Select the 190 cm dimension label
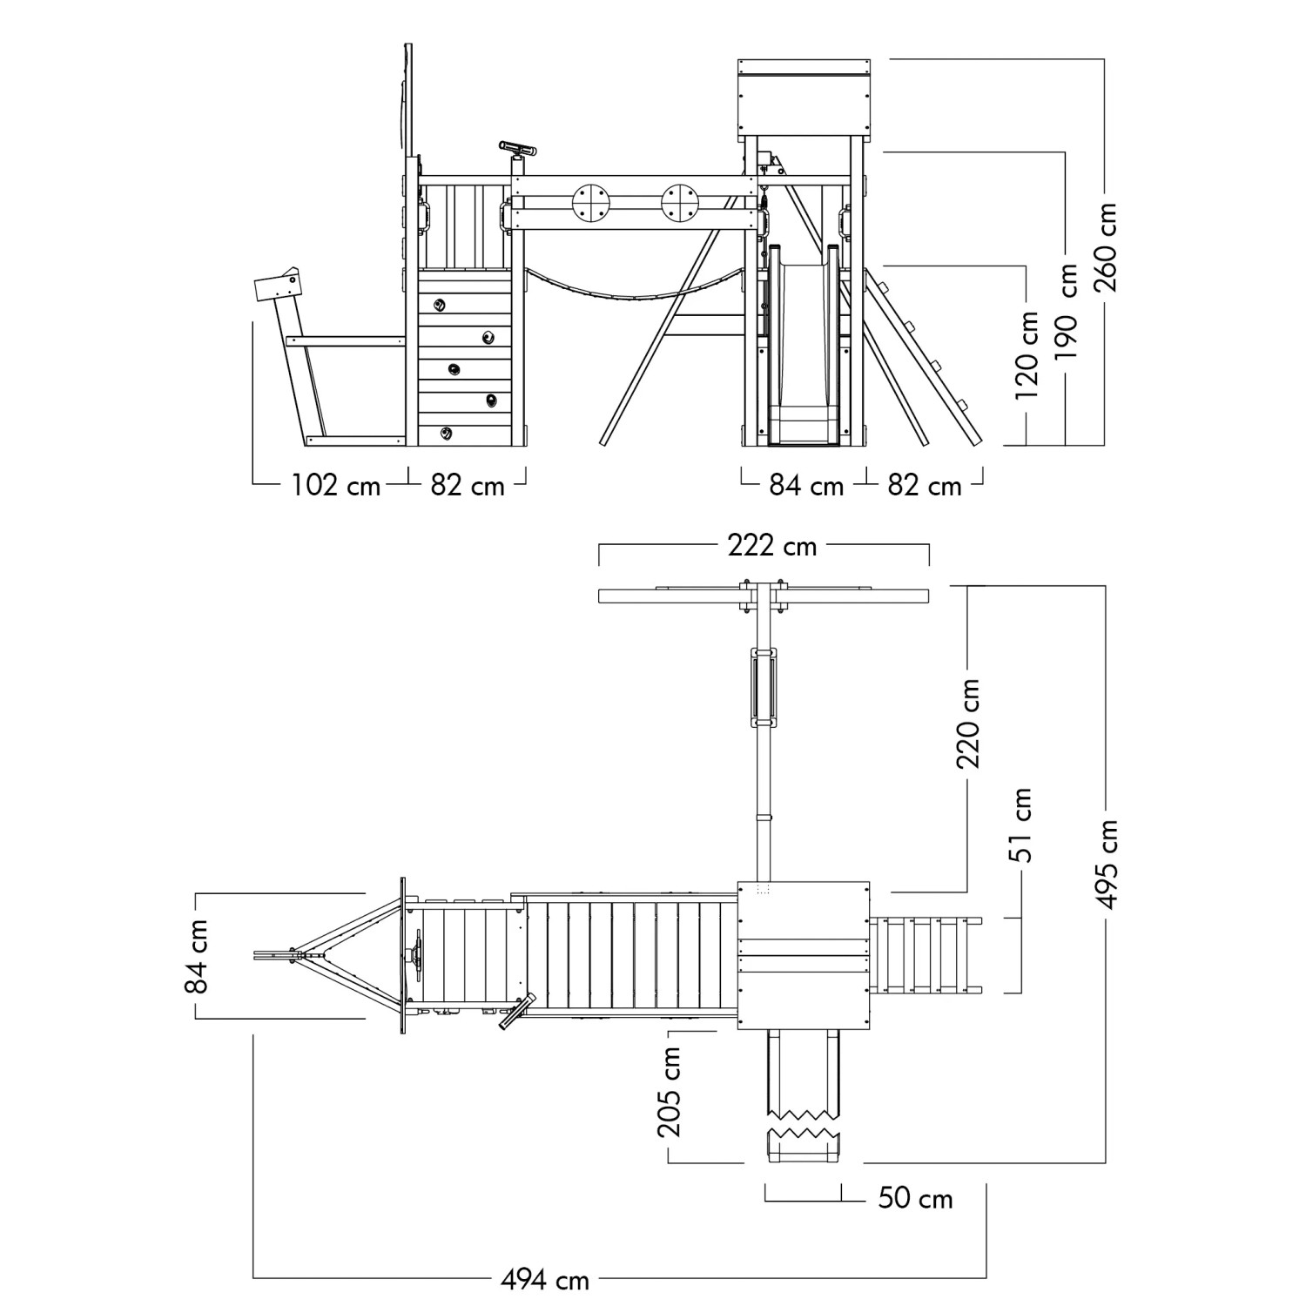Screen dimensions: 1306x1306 [x=1068, y=312]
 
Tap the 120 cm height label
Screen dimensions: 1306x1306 [x=1028, y=354]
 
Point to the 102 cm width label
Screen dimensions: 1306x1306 [x=336, y=485]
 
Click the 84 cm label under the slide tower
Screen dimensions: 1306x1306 [x=806, y=485]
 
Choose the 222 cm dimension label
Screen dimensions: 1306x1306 [x=772, y=546]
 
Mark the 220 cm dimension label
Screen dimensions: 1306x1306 [x=969, y=724]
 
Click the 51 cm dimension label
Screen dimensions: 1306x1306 [x=1023, y=825]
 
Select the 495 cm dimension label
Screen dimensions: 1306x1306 [x=1107, y=864]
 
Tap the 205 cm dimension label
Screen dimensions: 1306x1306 [x=670, y=1092]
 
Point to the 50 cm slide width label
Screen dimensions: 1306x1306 [x=915, y=1198]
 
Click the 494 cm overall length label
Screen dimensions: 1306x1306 [x=545, y=1280]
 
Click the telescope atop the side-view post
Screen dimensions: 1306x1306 [x=518, y=149]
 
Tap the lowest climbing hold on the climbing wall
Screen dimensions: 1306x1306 [x=447, y=433]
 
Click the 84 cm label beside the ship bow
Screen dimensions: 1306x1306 [x=198, y=956]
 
